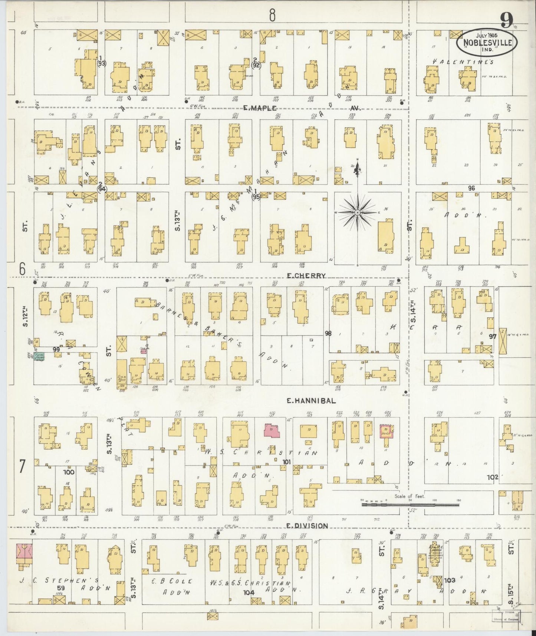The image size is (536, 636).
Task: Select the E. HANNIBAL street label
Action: [312, 401]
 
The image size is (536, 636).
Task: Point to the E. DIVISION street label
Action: [308, 526]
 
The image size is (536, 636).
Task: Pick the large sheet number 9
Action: [506, 21]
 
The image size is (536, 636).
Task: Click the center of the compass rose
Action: [357, 212]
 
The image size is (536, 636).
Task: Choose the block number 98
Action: [328, 333]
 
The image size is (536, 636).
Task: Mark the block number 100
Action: [69, 472]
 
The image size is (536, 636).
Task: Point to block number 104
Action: [248, 593]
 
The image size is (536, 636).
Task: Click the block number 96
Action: [471, 188]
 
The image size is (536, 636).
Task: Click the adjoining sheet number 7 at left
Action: [22, 466]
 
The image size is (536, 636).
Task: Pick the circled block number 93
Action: [101, 63]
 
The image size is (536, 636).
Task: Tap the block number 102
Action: [493, 477]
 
